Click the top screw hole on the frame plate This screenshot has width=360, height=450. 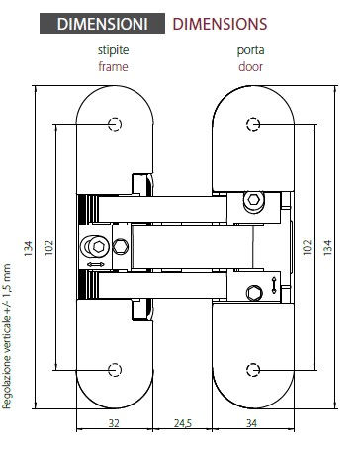[x=116, y=124]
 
